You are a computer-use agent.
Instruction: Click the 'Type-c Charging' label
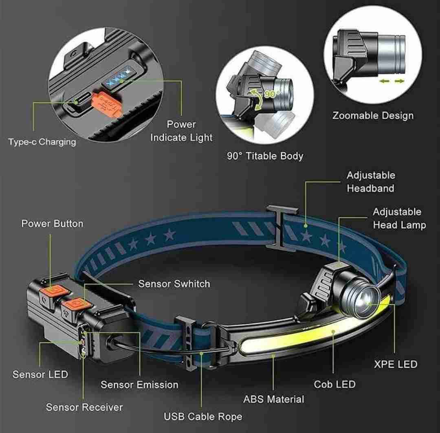(42, 142)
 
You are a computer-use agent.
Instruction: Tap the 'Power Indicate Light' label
(181, 131)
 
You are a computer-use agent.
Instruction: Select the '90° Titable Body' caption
(265, 156)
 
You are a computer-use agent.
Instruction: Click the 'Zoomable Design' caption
(373, 115)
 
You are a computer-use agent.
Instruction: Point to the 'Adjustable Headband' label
(370, 182)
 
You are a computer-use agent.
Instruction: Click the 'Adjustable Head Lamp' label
(399, 218)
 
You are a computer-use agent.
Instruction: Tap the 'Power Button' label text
(52, 224)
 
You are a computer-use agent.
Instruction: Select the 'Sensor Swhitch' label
(174, 284)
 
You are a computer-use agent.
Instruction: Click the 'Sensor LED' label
(40, 374)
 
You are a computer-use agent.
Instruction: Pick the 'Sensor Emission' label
(139, 385)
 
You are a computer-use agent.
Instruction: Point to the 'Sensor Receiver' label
(84, 407)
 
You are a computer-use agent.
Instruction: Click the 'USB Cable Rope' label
(203, 417)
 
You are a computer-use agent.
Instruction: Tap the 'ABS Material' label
(273, 399)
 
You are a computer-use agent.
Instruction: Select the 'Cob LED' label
(334, 384)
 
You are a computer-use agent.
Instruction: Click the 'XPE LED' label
(396, 364)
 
